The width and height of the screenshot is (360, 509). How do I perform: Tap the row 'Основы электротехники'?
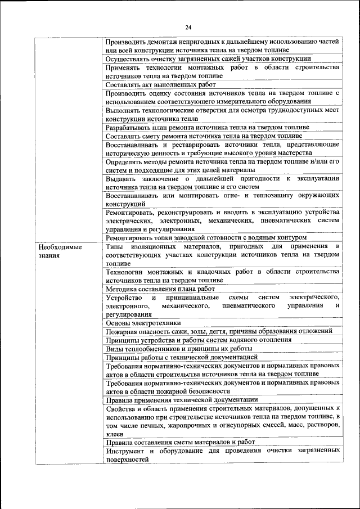143,323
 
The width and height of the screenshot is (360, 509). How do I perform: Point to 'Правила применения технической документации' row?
182,399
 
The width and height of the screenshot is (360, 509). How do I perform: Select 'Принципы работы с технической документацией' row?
181,357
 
